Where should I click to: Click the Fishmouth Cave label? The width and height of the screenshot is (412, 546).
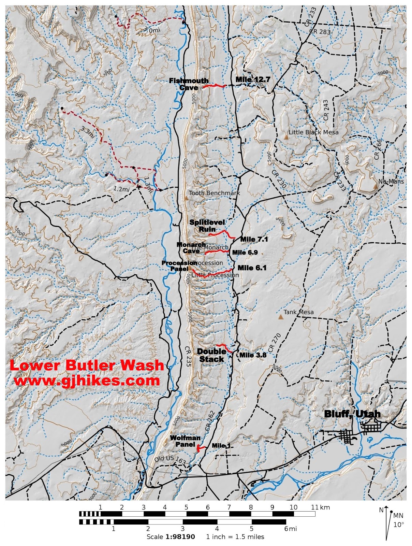pyautogui.click(x=189, y=84)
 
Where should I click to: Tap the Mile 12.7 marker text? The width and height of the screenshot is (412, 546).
pyautogui.click(x=253, y=80)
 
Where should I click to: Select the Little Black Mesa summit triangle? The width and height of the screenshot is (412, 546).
pyautogui.click(x=286, y=137)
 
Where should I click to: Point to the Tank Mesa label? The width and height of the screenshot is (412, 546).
pyautogui.click(x=298, y=312)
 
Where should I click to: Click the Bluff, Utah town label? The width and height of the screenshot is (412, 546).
pyautogui.click(x=352, y=414)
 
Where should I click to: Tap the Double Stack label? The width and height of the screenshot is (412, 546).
pyautogui.click(x=211, y=355)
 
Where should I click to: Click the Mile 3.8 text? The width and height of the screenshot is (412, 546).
pyautogui.click(x=253, y=355)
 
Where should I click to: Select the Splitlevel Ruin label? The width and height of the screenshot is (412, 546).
pyautogui.click(x=207, y=226)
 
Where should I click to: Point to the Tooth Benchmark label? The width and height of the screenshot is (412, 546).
pyautogui.click(x=214, y=193)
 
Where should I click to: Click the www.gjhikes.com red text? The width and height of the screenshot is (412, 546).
pyautogui.click(x=87, y=380)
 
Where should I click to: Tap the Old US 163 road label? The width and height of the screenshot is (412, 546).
pyautogui.click(x=170, y=460)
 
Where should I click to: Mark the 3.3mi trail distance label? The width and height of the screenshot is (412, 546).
pyautogui.click(x=88, y=132)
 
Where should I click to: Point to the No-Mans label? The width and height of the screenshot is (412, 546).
pyautogui.click(x=391, y=182)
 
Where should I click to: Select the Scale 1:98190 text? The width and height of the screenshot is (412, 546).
pyautogui.click(x=171, y=537)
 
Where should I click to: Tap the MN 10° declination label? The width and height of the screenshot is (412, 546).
pyautogui.click(x=398, y=520)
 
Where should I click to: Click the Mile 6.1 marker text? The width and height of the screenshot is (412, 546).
pyautogui.click(x=252, y=268)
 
